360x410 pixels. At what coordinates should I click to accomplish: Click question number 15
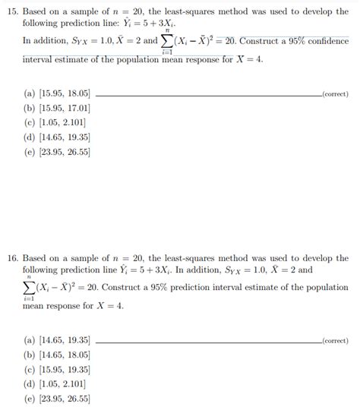coord(12,14)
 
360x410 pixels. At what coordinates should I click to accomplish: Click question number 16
coord(12,259)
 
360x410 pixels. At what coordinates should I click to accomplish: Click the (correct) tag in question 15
coord(335,93)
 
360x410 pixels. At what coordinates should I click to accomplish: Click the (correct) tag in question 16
coord(335,341)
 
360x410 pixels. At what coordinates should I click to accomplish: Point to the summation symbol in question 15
coord(167,40)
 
